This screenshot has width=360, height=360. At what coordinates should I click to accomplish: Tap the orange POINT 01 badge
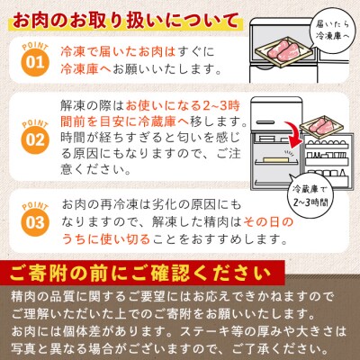click(x=31, y=60)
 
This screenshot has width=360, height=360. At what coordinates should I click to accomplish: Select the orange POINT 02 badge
click(x=31, y=135)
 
